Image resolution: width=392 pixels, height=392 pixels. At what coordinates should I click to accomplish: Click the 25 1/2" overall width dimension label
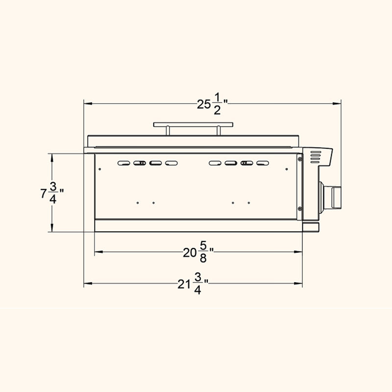coord(212,104)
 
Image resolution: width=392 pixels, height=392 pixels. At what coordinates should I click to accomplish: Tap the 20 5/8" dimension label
coord(198,252)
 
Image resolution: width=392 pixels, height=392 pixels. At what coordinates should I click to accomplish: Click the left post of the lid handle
coord(168,131)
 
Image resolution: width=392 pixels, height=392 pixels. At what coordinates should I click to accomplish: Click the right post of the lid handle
coord(219,131)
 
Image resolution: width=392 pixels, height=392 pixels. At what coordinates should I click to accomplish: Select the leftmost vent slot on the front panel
coord(124,163)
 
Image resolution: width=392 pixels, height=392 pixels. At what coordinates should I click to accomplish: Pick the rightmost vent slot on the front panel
coord(264,163)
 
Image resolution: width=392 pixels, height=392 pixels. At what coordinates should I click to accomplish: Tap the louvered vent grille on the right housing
coord(316,156)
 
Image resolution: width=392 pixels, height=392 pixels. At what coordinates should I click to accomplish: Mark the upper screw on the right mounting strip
coord(300,158)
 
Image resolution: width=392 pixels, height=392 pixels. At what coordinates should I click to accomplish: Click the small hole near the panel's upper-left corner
coord(100,169)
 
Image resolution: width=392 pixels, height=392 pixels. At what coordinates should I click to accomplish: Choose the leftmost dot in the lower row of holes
coord(138,202)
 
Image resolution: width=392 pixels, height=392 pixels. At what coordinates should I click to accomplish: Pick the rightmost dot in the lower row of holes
coord(248,202)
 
